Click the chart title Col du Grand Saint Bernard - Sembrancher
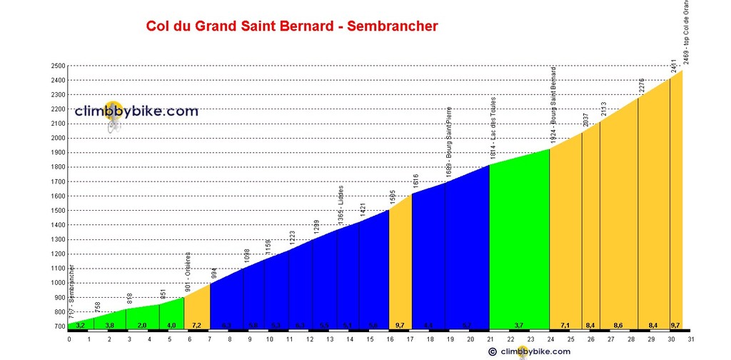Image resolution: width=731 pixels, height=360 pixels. pyautogui.click(x=291, y=26)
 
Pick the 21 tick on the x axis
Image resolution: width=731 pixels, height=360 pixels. pyautogui.click(x=490, y=339)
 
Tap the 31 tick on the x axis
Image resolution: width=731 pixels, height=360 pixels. pyautogui.click(x=691, y=339)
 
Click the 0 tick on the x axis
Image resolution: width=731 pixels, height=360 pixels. pyautogui.click(x=69, y=339)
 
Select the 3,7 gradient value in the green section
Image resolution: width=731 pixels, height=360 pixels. pyautogui.click(x=519, y=326)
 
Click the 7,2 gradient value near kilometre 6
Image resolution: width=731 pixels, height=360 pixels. pyautogui.click(x=196, y=326)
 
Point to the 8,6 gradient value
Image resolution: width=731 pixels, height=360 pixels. pyautogui.click(x=618, y=326)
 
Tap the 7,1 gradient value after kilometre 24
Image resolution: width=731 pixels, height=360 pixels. pyautogui.click(x=565, y=326)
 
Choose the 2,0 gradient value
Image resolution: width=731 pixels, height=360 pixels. pyautogui.click(x=142, y=326)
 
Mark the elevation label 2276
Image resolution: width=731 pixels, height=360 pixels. pyautogui.click(x=641, y=86)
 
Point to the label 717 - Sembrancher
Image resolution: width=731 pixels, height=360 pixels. pyautogui.click(x=73, y=293)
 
